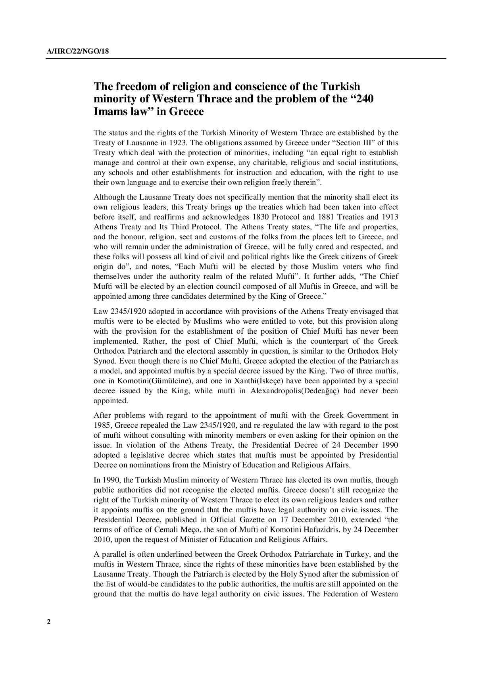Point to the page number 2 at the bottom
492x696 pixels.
click(x=49, y=622)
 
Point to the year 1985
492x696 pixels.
click(x=101, y=425)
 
